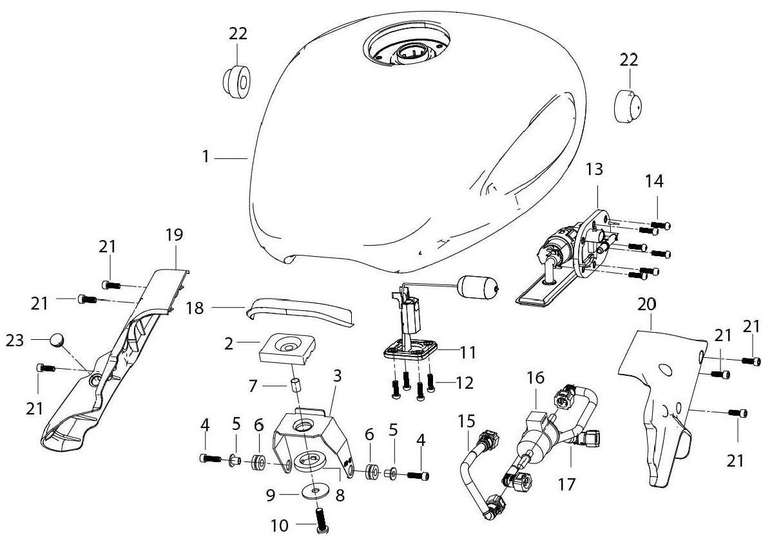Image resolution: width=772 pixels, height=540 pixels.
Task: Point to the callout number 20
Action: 649,303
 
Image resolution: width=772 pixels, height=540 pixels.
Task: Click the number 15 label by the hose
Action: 467,422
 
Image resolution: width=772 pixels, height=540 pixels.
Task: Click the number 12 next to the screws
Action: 465,383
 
